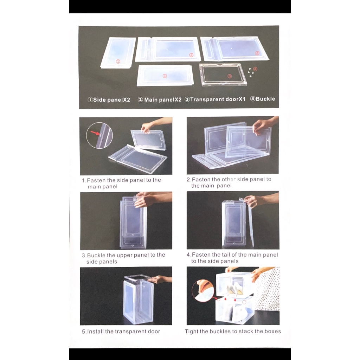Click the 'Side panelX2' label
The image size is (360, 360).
pos(111,100)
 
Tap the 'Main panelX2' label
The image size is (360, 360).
pos(163,99)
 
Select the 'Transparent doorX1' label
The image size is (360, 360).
pos(218,99)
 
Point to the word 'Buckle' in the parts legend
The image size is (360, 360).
pos(265,99)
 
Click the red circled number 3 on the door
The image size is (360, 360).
pos(229,76)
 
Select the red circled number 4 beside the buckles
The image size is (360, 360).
pos(255,69)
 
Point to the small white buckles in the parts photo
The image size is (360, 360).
pos(250,72)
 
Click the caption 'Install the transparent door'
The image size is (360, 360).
pos(123,331)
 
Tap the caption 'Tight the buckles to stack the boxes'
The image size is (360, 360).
pos(233,331)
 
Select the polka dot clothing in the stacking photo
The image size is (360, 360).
pos(268,289)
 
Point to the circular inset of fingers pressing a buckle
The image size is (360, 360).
pos(203,290)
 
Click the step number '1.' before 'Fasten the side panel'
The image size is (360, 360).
pos(84,180)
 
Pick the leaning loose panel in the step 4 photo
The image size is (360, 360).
pos(250,223)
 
